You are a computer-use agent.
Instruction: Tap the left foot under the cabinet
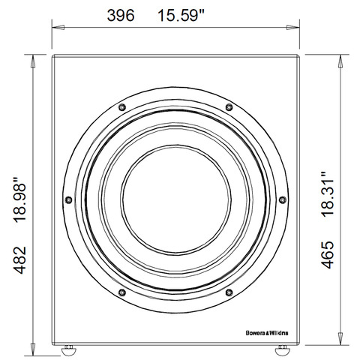69,348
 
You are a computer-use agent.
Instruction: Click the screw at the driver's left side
69,199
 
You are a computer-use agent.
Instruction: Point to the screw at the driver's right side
283,199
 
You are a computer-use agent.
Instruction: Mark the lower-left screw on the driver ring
122,291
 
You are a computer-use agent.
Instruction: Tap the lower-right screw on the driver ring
229,291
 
